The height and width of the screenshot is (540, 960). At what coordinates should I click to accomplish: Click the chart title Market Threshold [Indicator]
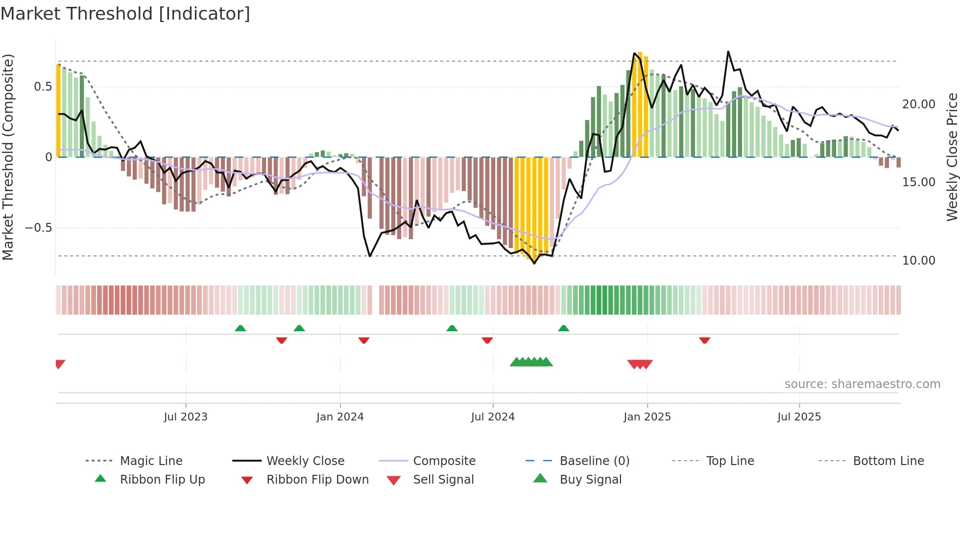pyautogui.click(x=125, y=14)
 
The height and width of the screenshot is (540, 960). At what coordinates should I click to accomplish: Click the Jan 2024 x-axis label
pyautogui.click(x=340, y=417)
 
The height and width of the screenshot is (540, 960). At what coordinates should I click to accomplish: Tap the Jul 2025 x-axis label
pyautogui.click(x=799, y=417)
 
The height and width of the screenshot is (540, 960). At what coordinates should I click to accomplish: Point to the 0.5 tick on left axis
pyautogui.click(x=43, y=87)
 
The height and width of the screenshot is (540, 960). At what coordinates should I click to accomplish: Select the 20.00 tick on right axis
pyautogui.click(x=918, y=104)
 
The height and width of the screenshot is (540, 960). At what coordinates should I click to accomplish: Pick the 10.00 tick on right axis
pyautogui.click(x=918, y=260)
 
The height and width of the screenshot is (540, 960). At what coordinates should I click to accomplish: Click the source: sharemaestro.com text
pyautogui.click(x=862, y=384)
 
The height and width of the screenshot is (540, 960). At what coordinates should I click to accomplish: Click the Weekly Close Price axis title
pyautogui.click(x=952, y=157)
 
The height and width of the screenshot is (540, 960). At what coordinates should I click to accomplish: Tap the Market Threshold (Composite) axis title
pyautogui.click(x=8, y=157)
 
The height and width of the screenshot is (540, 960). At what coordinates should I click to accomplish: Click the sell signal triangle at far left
pyautogui.click(x=60, y=364)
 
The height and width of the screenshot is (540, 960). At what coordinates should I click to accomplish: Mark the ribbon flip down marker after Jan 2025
pyautogui.click(x=704, y=340)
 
